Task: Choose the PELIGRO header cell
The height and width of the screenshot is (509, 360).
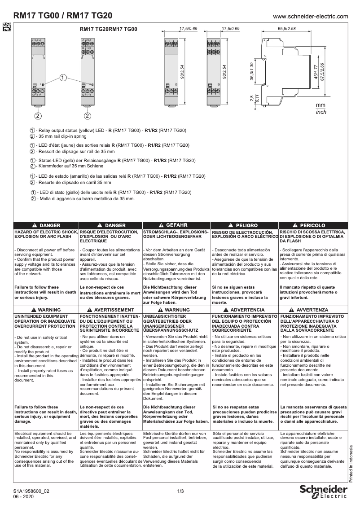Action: coord(245,225)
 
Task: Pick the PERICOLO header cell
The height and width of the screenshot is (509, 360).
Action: coord(313,225)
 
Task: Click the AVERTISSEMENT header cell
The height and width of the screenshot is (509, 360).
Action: coord(110,310)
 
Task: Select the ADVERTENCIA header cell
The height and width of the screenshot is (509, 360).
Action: coord(245,310)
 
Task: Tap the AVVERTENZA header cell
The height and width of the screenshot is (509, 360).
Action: coord(313,310)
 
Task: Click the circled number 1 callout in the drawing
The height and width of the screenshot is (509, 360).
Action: coord(63,78)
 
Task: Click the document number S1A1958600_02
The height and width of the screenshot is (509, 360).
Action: coord(31,491)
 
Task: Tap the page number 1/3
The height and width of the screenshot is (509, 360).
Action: coord(180,491)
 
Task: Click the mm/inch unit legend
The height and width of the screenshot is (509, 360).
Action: coord(321,108)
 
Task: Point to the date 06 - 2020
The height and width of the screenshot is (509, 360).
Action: coord(23,497)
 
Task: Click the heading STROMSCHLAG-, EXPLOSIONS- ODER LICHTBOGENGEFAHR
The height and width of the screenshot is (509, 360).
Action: coord(176,234)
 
